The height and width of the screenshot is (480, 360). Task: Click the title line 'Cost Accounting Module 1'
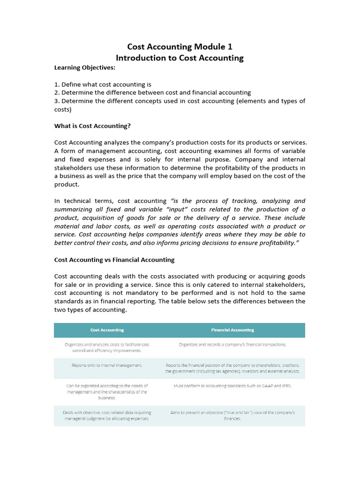pyautogui.click(x=180, y=47)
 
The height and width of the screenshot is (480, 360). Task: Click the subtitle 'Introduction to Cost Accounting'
pyautogui.click(x=180, y=58)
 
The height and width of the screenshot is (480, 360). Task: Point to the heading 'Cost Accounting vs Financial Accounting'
pyautogui.click(x=114, y=260)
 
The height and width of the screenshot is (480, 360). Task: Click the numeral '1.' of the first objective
pyautogui.click(x=57, y=84)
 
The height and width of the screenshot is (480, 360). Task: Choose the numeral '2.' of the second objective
pyautogui.click(x=57, y=93)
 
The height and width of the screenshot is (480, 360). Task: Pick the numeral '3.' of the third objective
pyautogui.click(x=57, y=101)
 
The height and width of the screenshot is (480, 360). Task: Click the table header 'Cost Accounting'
pyautogui.click(x=107, y=330)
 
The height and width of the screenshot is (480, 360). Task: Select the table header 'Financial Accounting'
pyautogui.click(x=232, y=330)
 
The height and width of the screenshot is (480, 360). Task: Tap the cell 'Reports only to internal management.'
pyautogui.click(x=107, y=365)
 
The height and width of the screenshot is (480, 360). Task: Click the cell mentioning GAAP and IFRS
pyautogui.click(x=232, y=385)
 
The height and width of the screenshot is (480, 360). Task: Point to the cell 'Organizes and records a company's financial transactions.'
pyautogui.click(x=232, y=345)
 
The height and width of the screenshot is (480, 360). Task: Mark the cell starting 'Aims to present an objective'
pyautogui.click(x=232, y=415)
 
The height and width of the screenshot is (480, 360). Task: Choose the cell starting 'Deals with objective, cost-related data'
pyautogui.click(x=107, y=415)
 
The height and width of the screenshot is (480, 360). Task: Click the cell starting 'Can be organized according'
pyautogui.click(x=107, y=391)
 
